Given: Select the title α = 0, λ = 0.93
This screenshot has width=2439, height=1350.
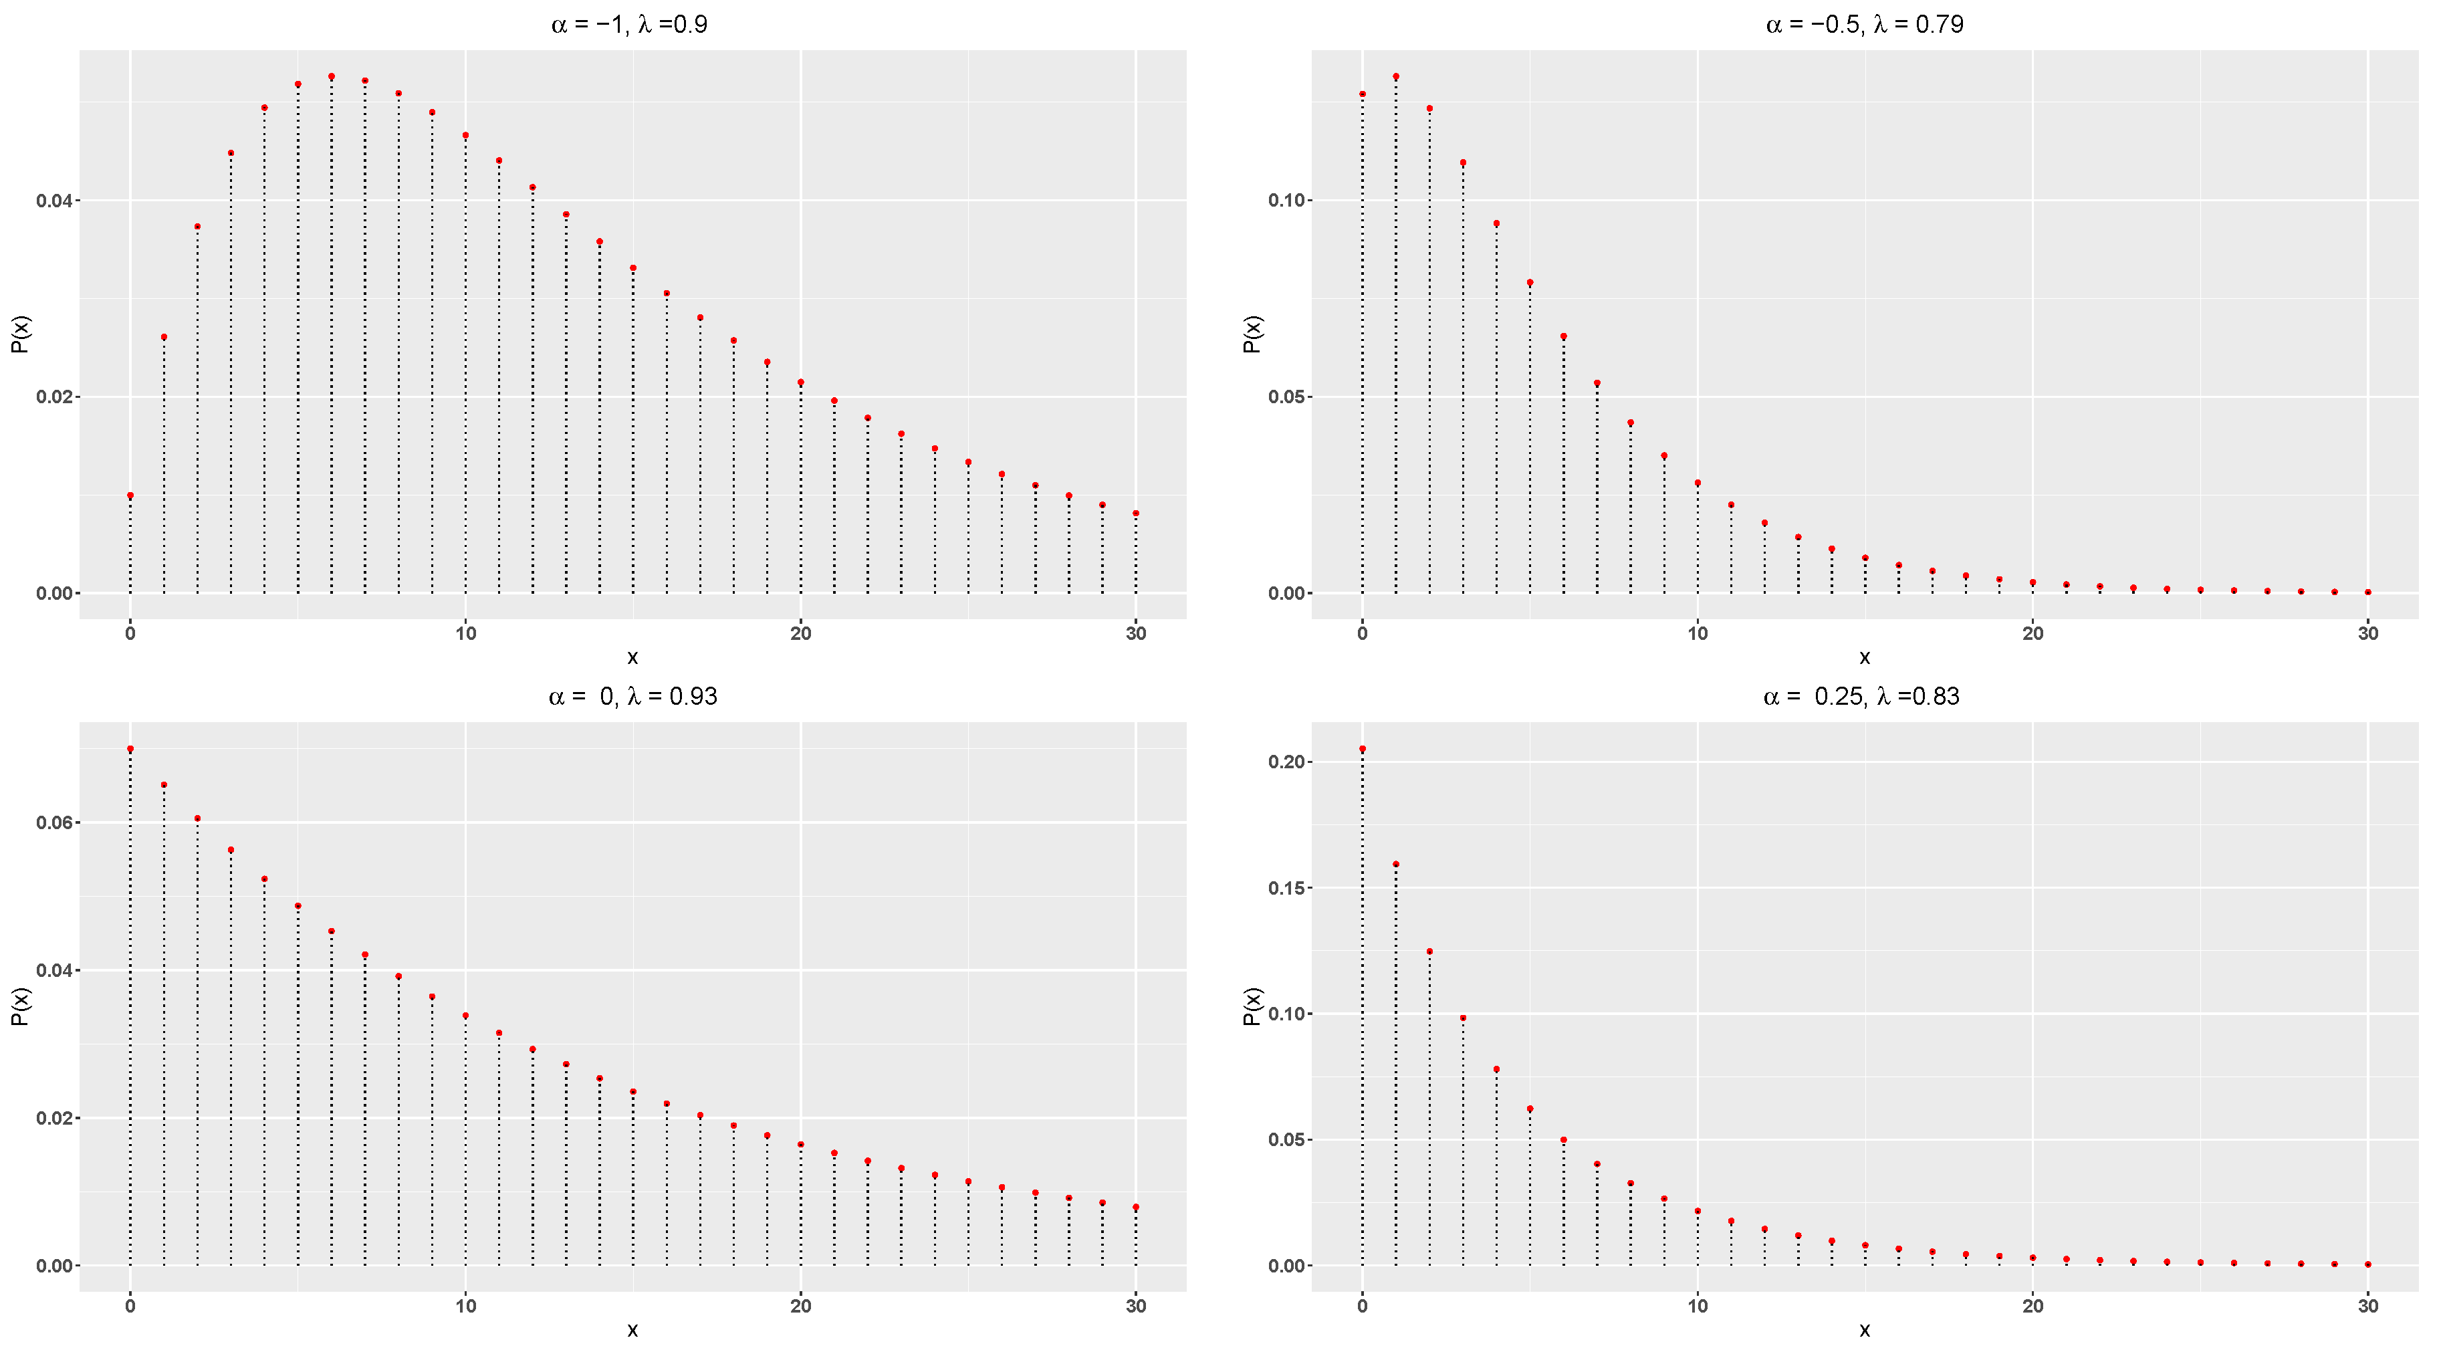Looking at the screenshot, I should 632,697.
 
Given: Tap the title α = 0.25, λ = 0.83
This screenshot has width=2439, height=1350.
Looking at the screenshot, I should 1861,697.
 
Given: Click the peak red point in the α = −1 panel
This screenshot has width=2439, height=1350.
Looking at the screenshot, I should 332,77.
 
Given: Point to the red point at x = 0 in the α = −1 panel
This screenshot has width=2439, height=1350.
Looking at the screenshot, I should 130,495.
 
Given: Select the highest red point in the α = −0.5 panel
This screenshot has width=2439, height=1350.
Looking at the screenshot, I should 1395,77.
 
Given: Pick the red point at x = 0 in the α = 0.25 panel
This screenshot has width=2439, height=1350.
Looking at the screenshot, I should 1363,749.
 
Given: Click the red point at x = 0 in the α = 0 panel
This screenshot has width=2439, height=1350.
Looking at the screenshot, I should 130,749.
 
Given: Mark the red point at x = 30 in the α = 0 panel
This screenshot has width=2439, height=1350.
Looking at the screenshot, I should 1136,1207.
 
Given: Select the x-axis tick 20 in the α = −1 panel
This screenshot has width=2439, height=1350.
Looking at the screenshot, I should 801,633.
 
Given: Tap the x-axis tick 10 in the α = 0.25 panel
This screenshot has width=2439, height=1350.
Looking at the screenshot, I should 1698,1307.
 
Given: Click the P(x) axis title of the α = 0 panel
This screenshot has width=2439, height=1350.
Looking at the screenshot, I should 21,1006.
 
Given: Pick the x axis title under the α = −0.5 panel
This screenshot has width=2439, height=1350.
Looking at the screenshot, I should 1863,657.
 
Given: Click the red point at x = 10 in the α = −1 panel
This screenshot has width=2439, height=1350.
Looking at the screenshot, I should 466,135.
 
